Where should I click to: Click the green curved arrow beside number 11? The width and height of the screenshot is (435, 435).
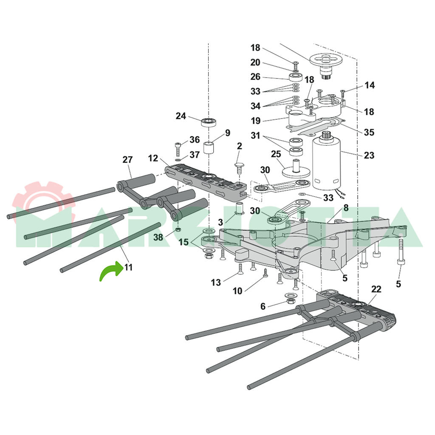click(x=110, y=271)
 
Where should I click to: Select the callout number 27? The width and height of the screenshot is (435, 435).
click(x=127, y=160)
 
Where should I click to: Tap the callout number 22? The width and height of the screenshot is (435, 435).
click(x=376, y=289)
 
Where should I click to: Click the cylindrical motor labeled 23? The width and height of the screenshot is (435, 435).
click(x=327, y=164)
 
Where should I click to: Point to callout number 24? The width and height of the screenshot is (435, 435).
click(x=181, y=116)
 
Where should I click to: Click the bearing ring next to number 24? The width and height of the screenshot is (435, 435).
click(x=208, y=122)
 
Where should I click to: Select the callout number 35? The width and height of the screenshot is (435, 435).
click(x=369, y=132)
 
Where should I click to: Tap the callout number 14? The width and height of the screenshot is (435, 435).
click(x=370, y=85)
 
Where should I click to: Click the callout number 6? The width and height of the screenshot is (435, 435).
click(x=263, y=306)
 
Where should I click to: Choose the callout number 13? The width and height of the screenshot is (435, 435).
click(x=216, y=282)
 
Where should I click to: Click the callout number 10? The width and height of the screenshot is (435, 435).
click(x=237, y=291)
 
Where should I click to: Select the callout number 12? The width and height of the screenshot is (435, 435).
click(x=153, y=158)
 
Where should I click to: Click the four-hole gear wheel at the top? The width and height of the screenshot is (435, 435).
click(x=326, y=60)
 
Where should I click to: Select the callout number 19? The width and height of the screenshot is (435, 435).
click(x=255, y=121)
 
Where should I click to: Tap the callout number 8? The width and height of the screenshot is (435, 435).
click(x=346, y=208)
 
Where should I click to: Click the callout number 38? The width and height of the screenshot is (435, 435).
click(x=158, y=237)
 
